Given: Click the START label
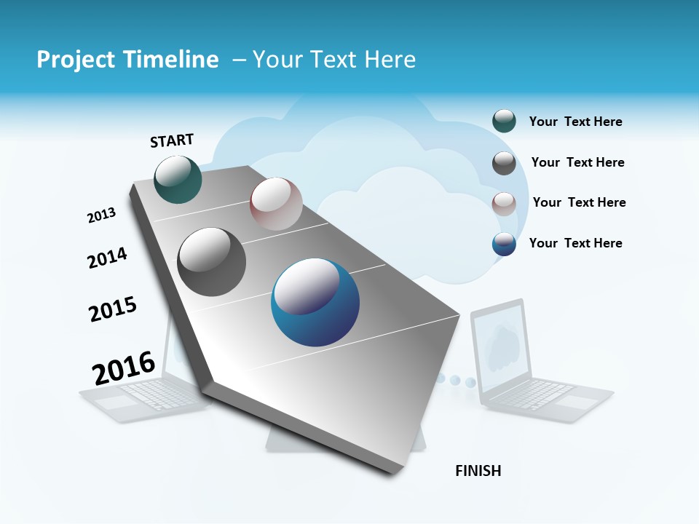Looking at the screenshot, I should point(172,140).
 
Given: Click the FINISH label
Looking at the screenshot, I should point(478,471).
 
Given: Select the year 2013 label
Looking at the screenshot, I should point(101,215).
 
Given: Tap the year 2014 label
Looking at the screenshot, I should point(107,258).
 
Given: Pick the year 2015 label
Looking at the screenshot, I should point(113,309).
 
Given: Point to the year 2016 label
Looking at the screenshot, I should point(124,368).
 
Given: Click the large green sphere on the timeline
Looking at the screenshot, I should point(178,180).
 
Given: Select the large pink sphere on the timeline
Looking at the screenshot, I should point(276,204).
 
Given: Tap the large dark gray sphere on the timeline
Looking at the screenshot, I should point(212,262).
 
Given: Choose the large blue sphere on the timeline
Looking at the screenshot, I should point(315,302).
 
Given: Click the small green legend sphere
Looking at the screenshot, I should point(504,121).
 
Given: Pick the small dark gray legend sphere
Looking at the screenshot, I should point(504,163).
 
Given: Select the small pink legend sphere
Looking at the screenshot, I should point(504,204).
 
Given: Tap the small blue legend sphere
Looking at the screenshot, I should point(504,244).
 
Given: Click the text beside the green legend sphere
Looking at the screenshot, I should point(575,122).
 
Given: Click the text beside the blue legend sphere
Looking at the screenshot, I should point(575,243).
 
